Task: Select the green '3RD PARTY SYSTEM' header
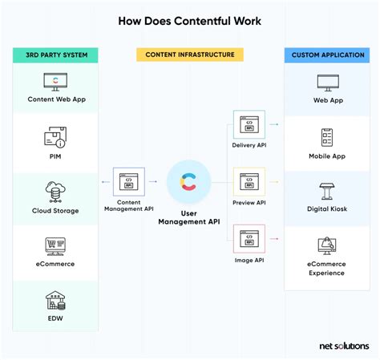[x=56, y=55]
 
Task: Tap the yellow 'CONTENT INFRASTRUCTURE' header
[x=189, y=55]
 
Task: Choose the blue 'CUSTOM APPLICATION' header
[x=326, y=55]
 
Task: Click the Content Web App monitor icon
[x=56, y=83]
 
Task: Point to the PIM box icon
[x=56, y=137]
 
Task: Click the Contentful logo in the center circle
[x=189, y=181]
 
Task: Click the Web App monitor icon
[x=326, y=83]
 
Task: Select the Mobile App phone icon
[x=326, y=137]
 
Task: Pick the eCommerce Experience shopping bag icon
[x=326, y=246]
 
